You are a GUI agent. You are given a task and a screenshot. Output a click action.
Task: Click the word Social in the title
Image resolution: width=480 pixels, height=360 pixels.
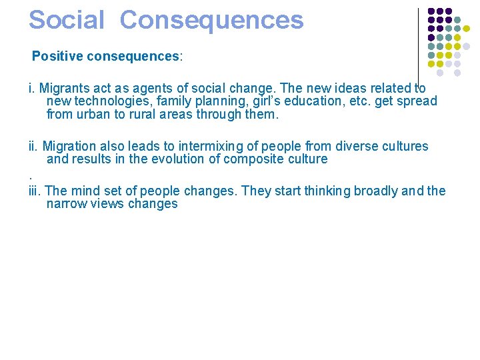click(x=67, y=20)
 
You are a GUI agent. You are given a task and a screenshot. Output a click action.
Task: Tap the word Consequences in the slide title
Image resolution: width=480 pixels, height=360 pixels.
click(x=211, y=20)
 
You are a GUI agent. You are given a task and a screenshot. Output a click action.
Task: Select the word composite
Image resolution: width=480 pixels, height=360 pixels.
click(x=257, y=159)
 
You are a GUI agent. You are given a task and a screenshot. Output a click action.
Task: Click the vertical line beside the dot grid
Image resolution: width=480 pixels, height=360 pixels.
click(x=418, y=40)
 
